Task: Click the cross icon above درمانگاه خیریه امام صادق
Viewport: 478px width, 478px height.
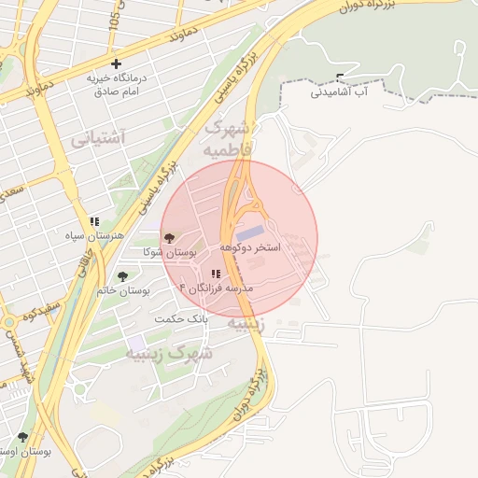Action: click(x=116, y=63)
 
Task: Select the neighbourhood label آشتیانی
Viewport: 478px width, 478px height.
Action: click(x=97, y=139)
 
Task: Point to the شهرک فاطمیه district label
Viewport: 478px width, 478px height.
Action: click(x=227, y=137)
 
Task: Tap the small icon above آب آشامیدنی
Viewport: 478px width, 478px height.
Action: click(x=339, y=77)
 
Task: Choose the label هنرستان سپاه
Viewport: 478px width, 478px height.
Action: click(x=94, y=237)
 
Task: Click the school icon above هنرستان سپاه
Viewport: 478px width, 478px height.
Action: click(x=94, y=221)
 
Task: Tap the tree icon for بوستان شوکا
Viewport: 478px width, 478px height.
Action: click(x=169, y=238)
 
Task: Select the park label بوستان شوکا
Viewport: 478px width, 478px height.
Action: click(x=171, y=253)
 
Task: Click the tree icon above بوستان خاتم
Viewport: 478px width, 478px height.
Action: click(x=122, y=275)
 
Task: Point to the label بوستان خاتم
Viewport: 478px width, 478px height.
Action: click(x=123, y=290)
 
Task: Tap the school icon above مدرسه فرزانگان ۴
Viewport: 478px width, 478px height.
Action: click(x=216, y=274)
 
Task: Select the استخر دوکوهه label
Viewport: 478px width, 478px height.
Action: click(x=250, y=248)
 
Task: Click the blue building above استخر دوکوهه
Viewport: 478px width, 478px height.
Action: click(x=249, y=232)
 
